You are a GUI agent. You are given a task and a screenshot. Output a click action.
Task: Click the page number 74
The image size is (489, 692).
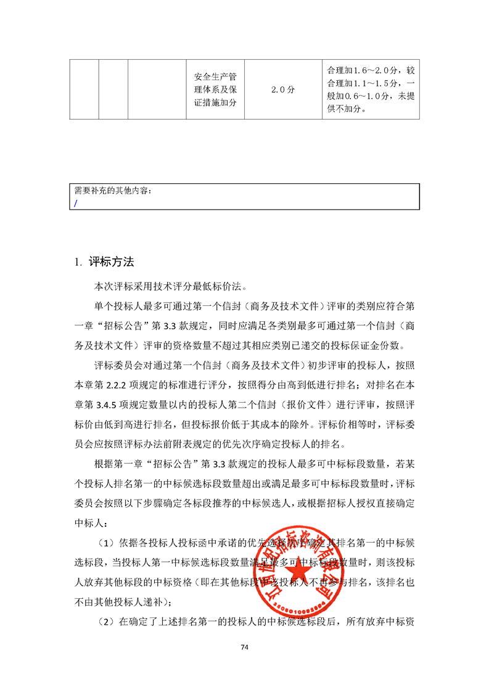pos(244,647)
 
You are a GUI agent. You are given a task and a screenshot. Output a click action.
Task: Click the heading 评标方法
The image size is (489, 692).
pos(111,262)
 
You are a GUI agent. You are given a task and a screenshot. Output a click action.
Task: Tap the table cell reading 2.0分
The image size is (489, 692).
pos(282,90)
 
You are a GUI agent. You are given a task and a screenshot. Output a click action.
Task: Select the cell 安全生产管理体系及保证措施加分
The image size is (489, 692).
pos(215,90)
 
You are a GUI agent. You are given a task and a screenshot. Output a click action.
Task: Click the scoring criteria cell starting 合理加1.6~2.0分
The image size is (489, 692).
pos(371,90)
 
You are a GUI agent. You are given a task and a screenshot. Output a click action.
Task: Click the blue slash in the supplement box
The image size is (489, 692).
pos(75,202)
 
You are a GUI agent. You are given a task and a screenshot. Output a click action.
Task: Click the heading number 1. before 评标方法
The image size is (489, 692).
pos(78,262)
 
